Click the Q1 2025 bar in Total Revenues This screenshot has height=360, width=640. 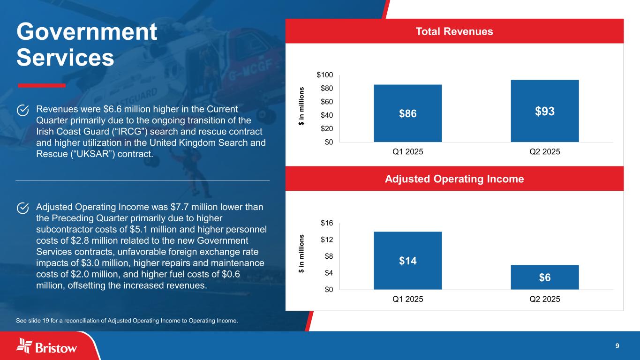(x=407, y=113)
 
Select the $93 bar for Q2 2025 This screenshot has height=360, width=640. (x=544, y=111)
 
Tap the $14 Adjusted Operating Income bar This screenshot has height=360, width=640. (x=407, y=260)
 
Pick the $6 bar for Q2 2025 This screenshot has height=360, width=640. (x=544, y=277)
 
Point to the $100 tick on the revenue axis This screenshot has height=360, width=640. (x=325, y=75)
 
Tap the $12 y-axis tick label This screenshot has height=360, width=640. (x=327, y=240)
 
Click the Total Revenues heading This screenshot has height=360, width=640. (x=454, y=31)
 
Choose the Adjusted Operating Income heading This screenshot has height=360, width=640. (x=454, y=179)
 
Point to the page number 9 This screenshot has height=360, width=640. (x=617, y=346)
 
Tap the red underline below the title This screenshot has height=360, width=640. (x=41, y=85)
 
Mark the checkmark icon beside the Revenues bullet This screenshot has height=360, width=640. (x=23, y=110)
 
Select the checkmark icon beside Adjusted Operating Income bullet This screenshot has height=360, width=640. (x=23, y=208)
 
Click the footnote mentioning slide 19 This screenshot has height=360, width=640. (x=127, y=321)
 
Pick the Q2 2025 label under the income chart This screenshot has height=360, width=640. (x=544, y=299)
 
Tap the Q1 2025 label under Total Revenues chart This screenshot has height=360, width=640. (x=407, y=152)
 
